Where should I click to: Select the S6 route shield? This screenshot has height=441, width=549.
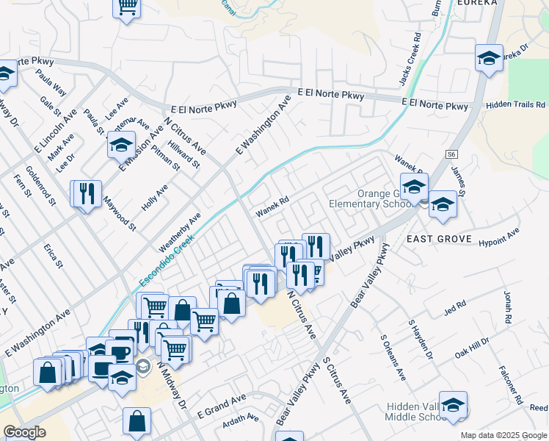pos(451,154)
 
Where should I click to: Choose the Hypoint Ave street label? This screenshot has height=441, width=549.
pos(498,236)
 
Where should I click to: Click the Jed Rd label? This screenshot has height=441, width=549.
pos(455,305)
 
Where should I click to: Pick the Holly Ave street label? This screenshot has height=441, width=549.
pos(155,198)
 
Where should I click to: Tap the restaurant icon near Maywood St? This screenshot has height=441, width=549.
pos(87,193)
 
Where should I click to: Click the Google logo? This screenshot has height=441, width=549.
pos(24,432)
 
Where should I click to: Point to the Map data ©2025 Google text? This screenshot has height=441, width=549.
pos(502,434)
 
